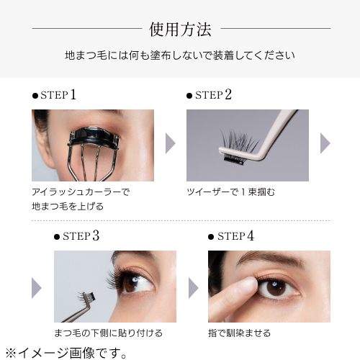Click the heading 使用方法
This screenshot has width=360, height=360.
[180, 30]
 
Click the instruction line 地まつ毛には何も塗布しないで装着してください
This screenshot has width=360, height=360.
[180, 55]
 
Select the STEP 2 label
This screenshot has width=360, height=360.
[213, 95]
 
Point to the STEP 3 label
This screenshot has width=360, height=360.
[91, 235]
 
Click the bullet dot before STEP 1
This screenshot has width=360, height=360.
[35, 96]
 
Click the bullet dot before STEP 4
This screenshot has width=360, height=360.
[211, 236]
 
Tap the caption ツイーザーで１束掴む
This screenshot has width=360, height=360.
[230, 192]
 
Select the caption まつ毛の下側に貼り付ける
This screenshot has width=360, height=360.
[108, 333]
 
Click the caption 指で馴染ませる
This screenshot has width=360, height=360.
[240, 333]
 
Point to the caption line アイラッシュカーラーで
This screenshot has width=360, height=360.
[80, 192]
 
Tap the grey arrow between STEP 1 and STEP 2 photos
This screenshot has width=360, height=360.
[171, 143]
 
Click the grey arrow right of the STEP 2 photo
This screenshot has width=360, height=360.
[325, 143]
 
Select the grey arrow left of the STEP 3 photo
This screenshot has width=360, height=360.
[36, 287]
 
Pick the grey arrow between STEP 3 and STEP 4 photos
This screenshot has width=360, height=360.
[192, 287]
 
